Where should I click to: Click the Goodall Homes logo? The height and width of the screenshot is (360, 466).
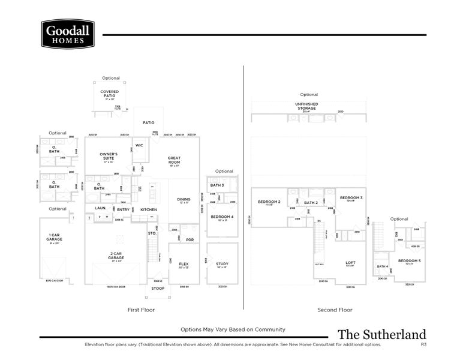tap(68, 34)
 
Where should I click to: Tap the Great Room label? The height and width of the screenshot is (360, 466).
tap(174, 160)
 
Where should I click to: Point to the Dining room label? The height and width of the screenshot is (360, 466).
tap(184, 200)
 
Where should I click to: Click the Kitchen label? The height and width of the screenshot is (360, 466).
tap(148, 209)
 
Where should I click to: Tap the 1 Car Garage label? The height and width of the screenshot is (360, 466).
tap(55, 238)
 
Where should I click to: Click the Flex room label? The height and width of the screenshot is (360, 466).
tap(184, 265)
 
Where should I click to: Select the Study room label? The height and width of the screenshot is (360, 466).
tap(222, 265)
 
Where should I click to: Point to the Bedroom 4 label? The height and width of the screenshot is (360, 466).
tap(222, 218)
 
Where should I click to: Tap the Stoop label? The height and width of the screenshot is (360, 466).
tap(158, 289)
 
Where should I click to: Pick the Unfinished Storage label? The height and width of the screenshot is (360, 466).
tap(306, 106)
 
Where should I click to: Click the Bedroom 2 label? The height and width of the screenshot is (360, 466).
tap(269, 203)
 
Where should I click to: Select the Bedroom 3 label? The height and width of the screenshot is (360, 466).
tap(351, 199)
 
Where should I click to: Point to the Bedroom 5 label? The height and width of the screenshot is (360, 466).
tap(411, 262)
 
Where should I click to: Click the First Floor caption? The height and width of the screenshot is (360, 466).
tap(141, 310)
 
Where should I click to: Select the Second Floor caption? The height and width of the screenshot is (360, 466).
tap(335, 310)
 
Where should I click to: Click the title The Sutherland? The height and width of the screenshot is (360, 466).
tap(381, 335)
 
